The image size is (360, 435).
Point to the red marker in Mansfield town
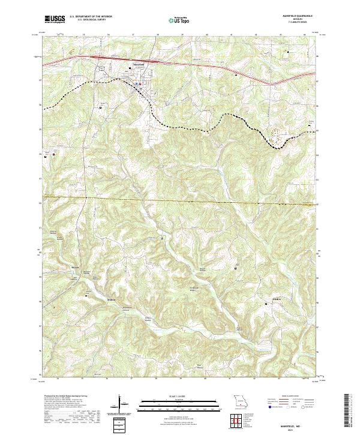pos(136,83)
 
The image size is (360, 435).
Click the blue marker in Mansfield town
pos(140,84)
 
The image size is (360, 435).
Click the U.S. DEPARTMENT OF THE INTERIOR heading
pos(90,17)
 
